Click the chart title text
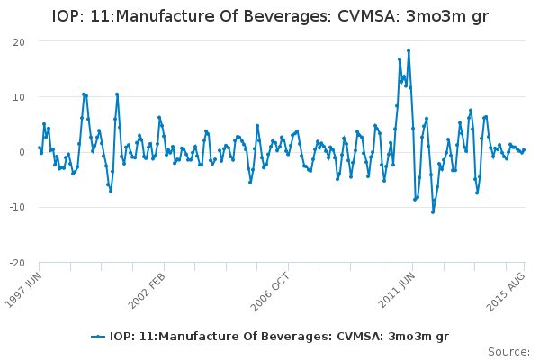tap(270, 15)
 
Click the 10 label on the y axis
tap(19, 97)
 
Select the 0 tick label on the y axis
tap(22, 152)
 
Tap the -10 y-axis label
tap(17, 208)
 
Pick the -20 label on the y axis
tap(17, 263)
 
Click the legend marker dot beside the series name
tap(99, 337)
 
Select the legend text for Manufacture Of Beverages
tap(279, 337)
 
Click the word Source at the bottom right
tap(508, 352)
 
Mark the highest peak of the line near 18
tap(408, 50)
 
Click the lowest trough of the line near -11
tap(432, 211)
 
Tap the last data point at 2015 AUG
tap(524, 150)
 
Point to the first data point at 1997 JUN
tap(40, 148)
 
